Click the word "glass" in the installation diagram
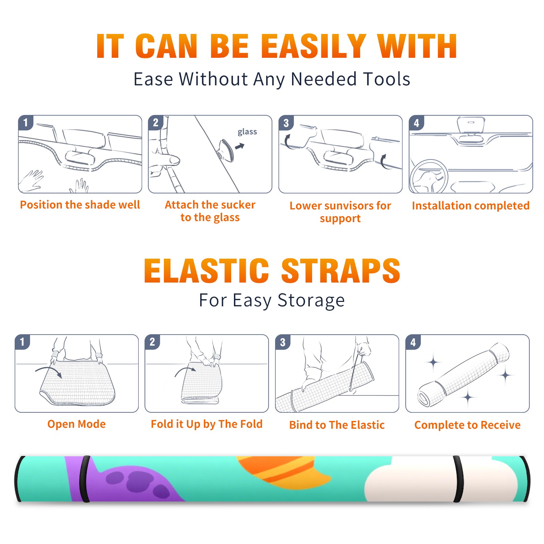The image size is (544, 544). pos(247,132)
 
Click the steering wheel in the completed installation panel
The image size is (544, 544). pos(429,176)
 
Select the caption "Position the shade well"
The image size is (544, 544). pos(80,205)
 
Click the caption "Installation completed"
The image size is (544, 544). pos(471,205)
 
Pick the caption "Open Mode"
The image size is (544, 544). pos(76,424)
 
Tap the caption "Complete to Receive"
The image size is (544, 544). pos(468,425)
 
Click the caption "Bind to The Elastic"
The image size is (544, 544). pos(337,425)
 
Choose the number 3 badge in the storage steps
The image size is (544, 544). pos(283,342)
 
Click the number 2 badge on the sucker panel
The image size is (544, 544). pos(156,122)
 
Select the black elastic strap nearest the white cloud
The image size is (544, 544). pos(458,479)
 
